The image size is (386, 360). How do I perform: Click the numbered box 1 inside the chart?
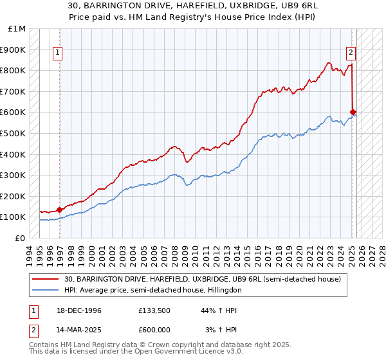58,53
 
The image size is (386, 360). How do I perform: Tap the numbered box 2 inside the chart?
351,53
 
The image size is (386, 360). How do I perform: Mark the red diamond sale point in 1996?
59,210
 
